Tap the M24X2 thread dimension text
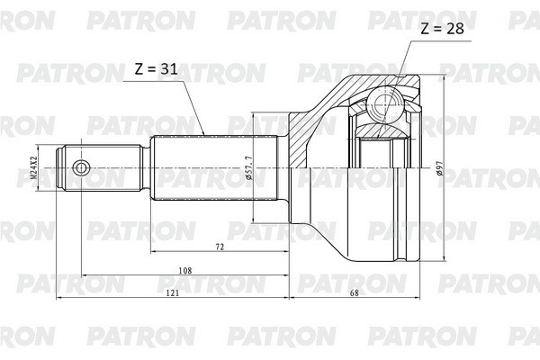click(32, 167)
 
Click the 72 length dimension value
click(219, 246)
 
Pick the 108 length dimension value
click(184, 269)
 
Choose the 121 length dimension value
click(172, 292)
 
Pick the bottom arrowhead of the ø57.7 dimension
click(253, 220)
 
